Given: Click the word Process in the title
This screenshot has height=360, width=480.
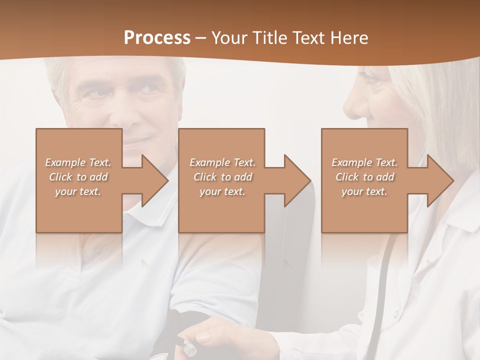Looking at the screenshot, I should pyautogui.click(x=157, y=38).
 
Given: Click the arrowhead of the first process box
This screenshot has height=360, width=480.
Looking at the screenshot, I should pyautogui.click(x=154, y=180).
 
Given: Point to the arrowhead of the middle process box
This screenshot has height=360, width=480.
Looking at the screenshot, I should pyautogui.click(x=297, y=180).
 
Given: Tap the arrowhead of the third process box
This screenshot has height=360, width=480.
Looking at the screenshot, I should pyautogui.click(x=440, y=180).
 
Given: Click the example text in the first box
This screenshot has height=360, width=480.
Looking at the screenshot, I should pyautogui.click(x=78, y=177).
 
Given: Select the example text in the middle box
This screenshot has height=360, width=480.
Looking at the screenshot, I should pyautogui.click(x=222, y=177).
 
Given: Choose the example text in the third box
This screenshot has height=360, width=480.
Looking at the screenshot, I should pyautogui.click(x=364, y=177).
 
